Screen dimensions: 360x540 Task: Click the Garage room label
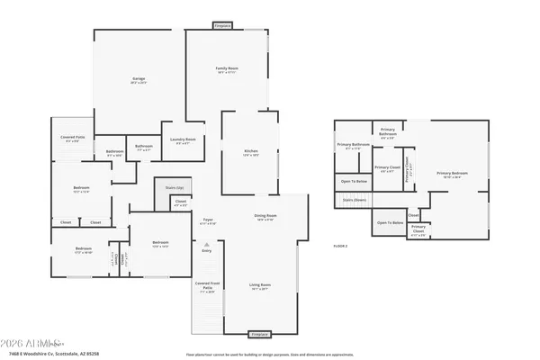click(139, 79)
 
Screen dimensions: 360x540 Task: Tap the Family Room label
click(226, 70)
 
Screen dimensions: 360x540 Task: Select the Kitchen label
click(251, 152)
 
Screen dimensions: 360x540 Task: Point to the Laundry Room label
click(184, 140)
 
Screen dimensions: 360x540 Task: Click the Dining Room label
click(265, 217)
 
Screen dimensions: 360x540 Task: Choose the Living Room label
click(260, 286)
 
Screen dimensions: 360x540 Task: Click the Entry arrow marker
click(207, 245)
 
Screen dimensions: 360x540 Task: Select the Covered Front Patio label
click(207, 289)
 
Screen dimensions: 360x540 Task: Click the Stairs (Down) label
click(355, 200)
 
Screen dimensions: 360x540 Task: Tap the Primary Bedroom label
click(448, 175)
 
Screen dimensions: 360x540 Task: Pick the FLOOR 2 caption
click(340, 246)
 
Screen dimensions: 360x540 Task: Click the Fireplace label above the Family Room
click(223, 26)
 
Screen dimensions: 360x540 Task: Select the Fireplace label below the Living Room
click(261, 333)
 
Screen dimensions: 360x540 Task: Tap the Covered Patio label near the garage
click(73, 139)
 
